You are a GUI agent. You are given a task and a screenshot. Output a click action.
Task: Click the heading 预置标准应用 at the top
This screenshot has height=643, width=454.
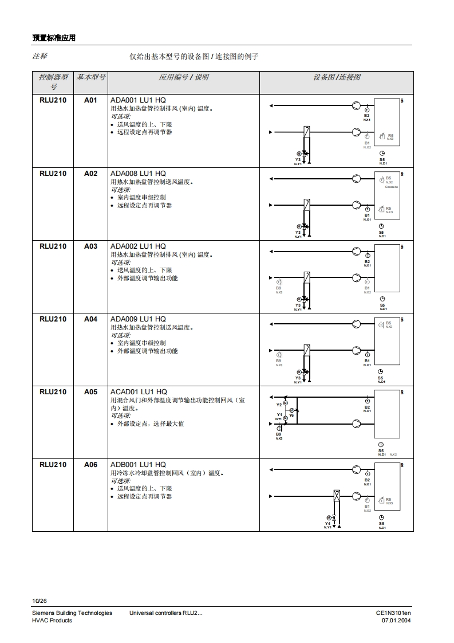point(54,38)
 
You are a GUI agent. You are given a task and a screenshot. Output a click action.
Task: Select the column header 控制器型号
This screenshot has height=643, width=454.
point(53,81)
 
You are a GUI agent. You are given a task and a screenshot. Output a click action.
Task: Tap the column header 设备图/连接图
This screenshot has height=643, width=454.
point(337,77)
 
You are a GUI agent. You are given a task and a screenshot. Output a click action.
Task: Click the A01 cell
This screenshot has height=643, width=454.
point(91,100)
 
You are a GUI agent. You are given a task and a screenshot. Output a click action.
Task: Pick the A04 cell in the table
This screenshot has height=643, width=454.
point(91,319)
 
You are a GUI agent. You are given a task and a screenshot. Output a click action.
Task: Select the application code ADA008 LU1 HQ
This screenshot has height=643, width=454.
point(137,174)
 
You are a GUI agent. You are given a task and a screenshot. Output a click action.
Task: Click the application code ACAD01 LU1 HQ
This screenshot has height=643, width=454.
point(139,392)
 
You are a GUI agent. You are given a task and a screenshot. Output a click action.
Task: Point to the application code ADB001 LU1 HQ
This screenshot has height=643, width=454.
point(138,465)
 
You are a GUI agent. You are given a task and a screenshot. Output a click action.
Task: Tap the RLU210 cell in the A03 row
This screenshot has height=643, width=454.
point(53,246)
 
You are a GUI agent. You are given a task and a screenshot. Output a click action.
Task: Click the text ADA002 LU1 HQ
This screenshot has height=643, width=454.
point(137,246)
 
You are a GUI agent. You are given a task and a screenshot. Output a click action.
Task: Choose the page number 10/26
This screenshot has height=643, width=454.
point(40,601)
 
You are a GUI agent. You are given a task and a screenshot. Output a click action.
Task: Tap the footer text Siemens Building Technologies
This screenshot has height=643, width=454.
point(72,613)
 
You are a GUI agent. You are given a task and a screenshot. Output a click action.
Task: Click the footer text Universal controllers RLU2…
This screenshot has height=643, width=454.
point(166,613)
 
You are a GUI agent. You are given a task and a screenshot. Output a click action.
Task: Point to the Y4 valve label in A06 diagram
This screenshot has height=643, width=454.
point(327,523)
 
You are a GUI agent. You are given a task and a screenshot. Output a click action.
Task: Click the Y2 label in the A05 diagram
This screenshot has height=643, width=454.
point(279,405)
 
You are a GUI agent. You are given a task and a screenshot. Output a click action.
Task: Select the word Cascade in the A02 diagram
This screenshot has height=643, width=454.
point(391,187)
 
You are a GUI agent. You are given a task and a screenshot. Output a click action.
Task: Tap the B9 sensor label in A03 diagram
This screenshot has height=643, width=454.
point(279,288)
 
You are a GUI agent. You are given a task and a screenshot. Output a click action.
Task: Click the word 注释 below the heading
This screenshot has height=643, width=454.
point(40,56)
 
